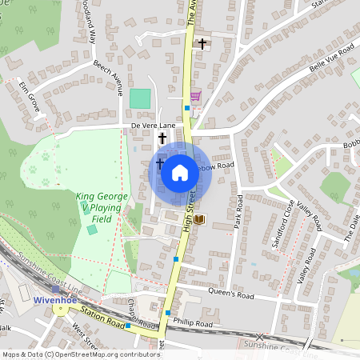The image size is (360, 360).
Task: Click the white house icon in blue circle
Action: tap(180, 172)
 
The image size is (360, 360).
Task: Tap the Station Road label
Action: tap(105, 320)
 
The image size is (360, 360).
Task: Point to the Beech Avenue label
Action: tap(107, 77)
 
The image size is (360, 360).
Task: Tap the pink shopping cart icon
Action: tap(195, 95)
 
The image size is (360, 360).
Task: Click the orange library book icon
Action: tap(199, 218)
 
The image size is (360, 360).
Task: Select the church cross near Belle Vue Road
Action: tap(202, 43)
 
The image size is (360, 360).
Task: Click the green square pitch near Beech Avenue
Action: tap(141, 98)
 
